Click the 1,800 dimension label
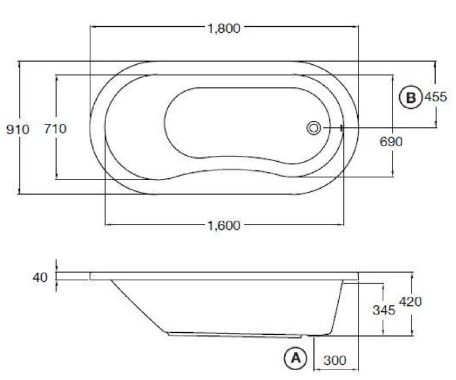tap(223, 28)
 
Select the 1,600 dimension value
tap(223, 225)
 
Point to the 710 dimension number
tap(55, 130)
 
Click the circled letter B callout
tap(410, 97)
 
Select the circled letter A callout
tap(295, 358)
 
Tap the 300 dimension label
tap(336, 360)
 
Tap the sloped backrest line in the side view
tap(137, 304)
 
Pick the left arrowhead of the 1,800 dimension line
tap(91, 28)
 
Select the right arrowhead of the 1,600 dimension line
tap(342, 225)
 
